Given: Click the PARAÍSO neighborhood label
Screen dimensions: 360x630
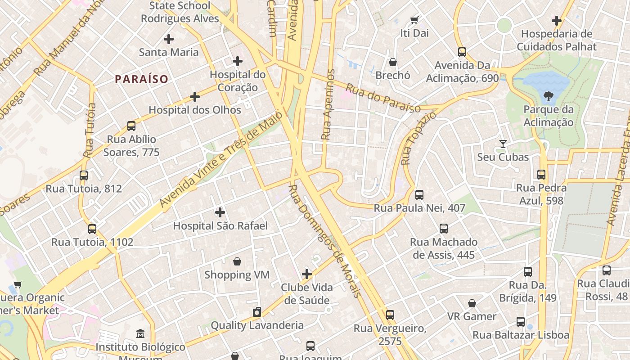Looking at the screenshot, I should point(141,79).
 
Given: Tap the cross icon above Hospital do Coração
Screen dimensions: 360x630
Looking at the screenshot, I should point(238,61).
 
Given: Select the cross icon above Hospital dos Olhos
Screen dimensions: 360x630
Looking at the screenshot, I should point(195,97).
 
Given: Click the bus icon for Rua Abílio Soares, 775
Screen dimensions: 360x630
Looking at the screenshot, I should point(131,126).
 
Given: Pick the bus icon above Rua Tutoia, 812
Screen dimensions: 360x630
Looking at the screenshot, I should point(84,175).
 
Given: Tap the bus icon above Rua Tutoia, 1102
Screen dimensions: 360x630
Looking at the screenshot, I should point(92,229).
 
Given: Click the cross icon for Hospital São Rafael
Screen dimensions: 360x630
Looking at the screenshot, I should point(220,212).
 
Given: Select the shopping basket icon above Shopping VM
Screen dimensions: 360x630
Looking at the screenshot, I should point(237,261).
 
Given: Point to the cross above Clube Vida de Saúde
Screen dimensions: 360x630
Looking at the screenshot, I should point(307,274).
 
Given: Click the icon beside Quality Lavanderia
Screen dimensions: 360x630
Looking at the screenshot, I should point(257,312).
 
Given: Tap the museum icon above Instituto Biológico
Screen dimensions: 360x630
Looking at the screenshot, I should point(140,334).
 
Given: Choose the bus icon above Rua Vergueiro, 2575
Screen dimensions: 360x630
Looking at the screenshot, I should point(390,315).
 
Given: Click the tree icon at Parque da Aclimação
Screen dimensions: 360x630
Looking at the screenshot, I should point(548,96).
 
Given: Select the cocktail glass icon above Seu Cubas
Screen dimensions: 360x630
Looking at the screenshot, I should point(503,144).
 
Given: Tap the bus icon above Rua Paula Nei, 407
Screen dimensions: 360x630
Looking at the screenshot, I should point(419,195).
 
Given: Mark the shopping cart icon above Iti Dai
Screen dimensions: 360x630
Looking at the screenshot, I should point(414,20).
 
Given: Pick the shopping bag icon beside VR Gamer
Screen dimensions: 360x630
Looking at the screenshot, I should point(472,303).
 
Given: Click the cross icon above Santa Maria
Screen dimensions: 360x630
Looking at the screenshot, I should point(169,39).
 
